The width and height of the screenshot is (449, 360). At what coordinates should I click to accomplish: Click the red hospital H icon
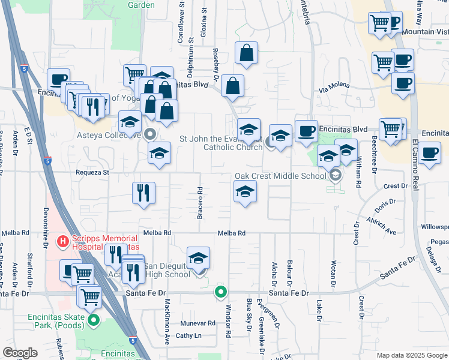click(62, 242)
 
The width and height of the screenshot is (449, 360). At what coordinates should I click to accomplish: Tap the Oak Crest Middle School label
click(280, 176)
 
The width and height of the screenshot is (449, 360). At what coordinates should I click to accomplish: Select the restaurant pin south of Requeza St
click(143, 193)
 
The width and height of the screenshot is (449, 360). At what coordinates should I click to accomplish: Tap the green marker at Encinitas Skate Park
click(93, 320)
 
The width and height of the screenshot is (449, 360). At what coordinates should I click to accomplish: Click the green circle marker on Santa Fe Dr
click(221, 293)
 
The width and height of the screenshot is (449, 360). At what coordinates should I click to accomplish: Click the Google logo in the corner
click(20, 352)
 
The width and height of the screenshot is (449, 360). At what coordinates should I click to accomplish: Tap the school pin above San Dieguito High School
click(198, 257)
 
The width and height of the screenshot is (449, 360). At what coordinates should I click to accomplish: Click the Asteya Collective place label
click(110, 134)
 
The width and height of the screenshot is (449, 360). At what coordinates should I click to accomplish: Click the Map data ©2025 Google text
click(411, 355)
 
